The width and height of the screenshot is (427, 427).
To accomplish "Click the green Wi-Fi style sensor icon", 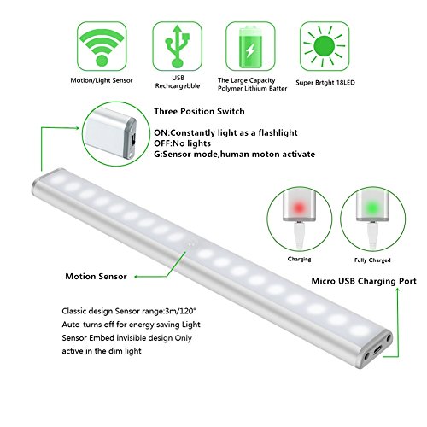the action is point(102,47).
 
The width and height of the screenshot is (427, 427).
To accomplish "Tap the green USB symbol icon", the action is point(178,46).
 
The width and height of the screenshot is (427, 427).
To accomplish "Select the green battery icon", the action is point(250,47).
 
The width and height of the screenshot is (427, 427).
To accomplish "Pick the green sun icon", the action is point(325,46).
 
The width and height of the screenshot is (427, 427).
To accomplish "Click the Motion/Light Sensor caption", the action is point(102,80).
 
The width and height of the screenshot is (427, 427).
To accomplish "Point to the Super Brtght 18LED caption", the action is point(325,83).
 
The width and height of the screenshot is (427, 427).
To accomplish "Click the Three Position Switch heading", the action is point(199,111).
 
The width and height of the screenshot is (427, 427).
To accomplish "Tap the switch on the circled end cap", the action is point(133,140).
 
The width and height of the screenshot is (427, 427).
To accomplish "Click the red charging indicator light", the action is point(299,208).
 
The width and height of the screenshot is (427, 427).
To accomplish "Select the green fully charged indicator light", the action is point(372,207).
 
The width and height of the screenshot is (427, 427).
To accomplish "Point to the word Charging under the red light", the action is point(299,259).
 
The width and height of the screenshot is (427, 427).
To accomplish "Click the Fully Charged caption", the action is point(372,260).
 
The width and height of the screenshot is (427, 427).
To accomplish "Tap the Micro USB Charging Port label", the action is point(364,281).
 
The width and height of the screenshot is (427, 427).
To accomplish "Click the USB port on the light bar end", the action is point(377,350).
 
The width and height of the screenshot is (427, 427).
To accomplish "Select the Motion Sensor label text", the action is point(97,277).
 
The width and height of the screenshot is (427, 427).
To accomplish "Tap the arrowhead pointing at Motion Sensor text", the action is point(137,277).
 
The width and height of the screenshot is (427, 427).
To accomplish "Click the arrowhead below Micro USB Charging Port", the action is point(398,290).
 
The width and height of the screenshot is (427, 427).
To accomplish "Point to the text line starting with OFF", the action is point(182,143).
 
